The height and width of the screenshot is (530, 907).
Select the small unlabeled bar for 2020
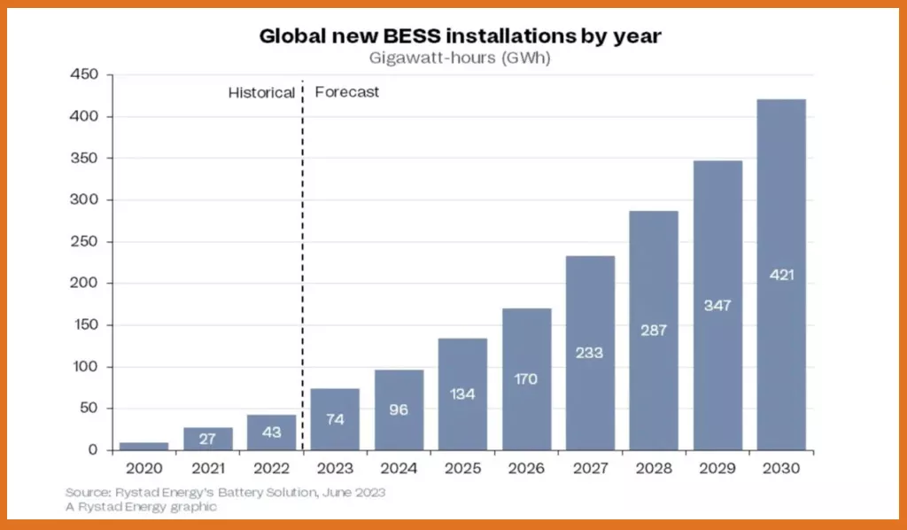point(143,447)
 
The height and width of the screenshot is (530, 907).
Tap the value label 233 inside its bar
point(589,353)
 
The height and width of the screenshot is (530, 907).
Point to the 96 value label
point(399,410)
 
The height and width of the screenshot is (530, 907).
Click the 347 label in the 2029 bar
point(717,305)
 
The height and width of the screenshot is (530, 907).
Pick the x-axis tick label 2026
point(526,468)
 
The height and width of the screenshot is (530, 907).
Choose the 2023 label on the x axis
point(335,468)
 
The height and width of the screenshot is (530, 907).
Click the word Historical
point(261,92)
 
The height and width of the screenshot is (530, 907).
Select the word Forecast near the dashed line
point(347,92)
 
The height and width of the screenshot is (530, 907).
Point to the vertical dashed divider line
point(303,266)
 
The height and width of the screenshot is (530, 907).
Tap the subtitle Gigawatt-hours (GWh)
point(460,58)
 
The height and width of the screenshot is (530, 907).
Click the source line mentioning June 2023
point(226,492)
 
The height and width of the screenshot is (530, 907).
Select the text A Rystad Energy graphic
point(141,507)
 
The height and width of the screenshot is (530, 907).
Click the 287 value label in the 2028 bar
point(653,330)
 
